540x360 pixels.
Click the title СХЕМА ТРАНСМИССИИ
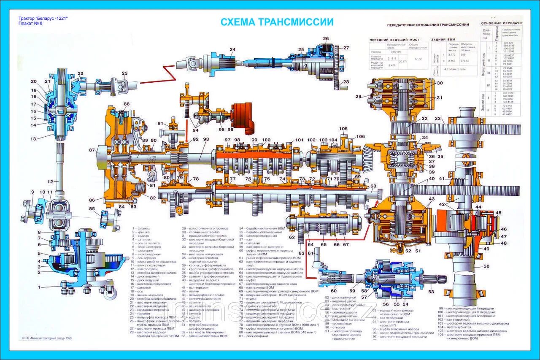click(x=277, y=22)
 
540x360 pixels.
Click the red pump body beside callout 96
click(x=242, y=114)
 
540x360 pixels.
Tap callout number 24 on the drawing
click(x=232, y=50)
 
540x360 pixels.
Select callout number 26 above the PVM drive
click(x=326, y=39)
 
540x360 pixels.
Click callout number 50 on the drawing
click(x=486, y=266)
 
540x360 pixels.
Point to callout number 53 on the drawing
click(x=431, y=292)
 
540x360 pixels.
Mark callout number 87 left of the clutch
click(x=92, y=150)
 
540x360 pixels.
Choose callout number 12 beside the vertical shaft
click(x=50, y=182)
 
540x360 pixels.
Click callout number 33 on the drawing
click(x=438, y=119)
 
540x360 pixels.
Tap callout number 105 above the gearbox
click(x=343, y=129)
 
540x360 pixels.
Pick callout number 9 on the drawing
click(x=32, y=192)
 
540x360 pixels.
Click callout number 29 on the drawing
click(x=359, y=97)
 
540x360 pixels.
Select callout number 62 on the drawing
click(x=292, y=237)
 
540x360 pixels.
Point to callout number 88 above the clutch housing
click(x=127, y=104)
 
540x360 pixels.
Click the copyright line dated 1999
click(x=47, y=338)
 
